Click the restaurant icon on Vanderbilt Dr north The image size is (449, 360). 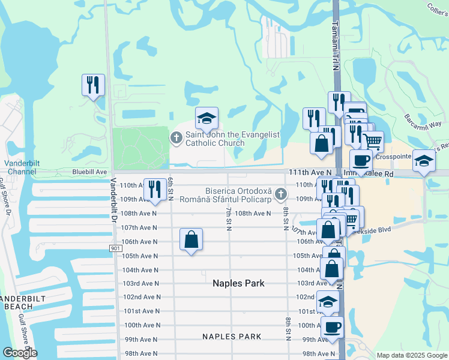click(x=93, y=85)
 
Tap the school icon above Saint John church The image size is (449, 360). click(x=206, y=118)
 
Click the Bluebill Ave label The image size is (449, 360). click(x=89, y=172)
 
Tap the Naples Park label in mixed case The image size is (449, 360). click(x=238, y=283)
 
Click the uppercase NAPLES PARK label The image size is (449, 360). click(x=232, y=337)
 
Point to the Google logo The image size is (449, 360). click(x=19, y=353)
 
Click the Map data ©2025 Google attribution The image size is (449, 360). click(x=411, y=355)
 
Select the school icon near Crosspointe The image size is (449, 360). click(x=424, y=161)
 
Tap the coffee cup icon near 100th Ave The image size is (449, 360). click(x=332, y=327)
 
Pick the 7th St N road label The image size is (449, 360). click(x=229, y=216)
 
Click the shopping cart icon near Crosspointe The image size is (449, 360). click(x=373, y=142)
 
